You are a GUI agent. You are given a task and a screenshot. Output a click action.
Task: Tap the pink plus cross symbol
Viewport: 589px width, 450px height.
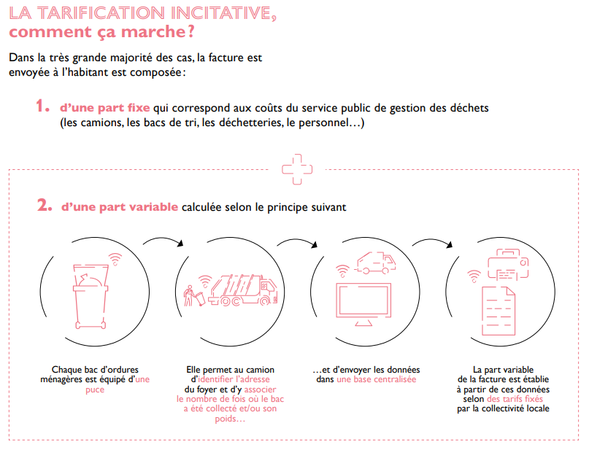pos(297,169)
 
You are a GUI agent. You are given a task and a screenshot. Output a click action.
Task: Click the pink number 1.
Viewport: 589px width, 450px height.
pos(42,106)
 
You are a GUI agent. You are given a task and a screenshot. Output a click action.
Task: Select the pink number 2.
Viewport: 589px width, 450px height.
pos(45,205)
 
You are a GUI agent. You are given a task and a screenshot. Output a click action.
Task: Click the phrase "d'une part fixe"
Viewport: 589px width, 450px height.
pos(105,108)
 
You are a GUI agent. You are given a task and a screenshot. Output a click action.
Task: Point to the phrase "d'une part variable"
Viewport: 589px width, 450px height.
pos(120,207)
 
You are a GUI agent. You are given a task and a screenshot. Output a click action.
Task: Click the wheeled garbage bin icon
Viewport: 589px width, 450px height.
pos(91,297)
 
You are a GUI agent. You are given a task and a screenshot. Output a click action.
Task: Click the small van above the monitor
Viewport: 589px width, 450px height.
pos(375,262)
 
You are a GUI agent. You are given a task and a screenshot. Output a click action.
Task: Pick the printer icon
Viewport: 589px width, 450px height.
pos(508,265)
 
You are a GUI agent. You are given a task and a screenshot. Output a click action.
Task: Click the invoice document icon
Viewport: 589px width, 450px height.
pos(498,311)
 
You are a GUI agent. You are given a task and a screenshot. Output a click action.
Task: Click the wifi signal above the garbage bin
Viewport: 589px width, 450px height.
pos(115,259)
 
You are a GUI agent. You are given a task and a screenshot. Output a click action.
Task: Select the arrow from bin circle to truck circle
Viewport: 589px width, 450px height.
pos(163,240)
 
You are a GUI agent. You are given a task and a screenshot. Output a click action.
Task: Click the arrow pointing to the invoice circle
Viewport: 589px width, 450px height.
pos(432,241)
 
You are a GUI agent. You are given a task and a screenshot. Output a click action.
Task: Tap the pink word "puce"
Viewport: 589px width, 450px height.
pos(95,389)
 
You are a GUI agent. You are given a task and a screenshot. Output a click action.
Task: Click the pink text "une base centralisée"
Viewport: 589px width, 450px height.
pos(377,379)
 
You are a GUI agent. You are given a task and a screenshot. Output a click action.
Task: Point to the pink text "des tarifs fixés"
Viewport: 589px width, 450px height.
pos(515,399)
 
